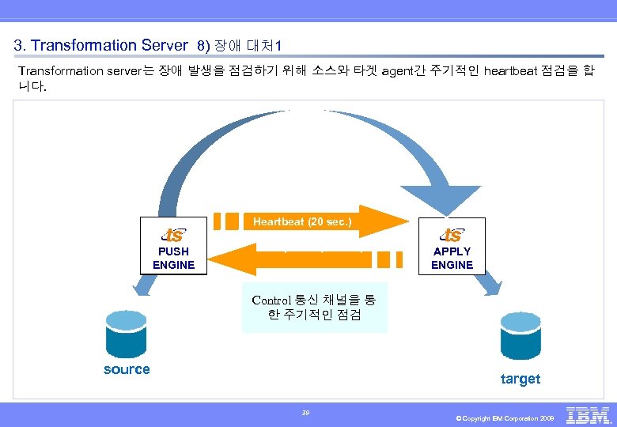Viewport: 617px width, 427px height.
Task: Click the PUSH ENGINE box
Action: point(173,246)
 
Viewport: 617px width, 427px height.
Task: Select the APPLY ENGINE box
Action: point(452,246)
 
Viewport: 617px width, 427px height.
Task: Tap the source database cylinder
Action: point(127,334)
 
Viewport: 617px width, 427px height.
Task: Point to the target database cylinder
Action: point(520,335)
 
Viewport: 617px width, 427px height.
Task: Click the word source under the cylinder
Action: point(127,369)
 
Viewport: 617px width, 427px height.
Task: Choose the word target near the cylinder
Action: point(520,379)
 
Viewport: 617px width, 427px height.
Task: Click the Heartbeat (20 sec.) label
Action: point(302,222)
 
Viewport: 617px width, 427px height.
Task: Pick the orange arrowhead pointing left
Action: point(229,259)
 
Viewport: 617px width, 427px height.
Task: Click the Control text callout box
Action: point(314,308)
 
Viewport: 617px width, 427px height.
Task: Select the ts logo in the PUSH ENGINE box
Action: point(173,235)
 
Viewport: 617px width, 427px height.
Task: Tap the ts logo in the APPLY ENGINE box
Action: point(452,235)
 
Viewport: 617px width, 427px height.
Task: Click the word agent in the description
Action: point(400,71)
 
